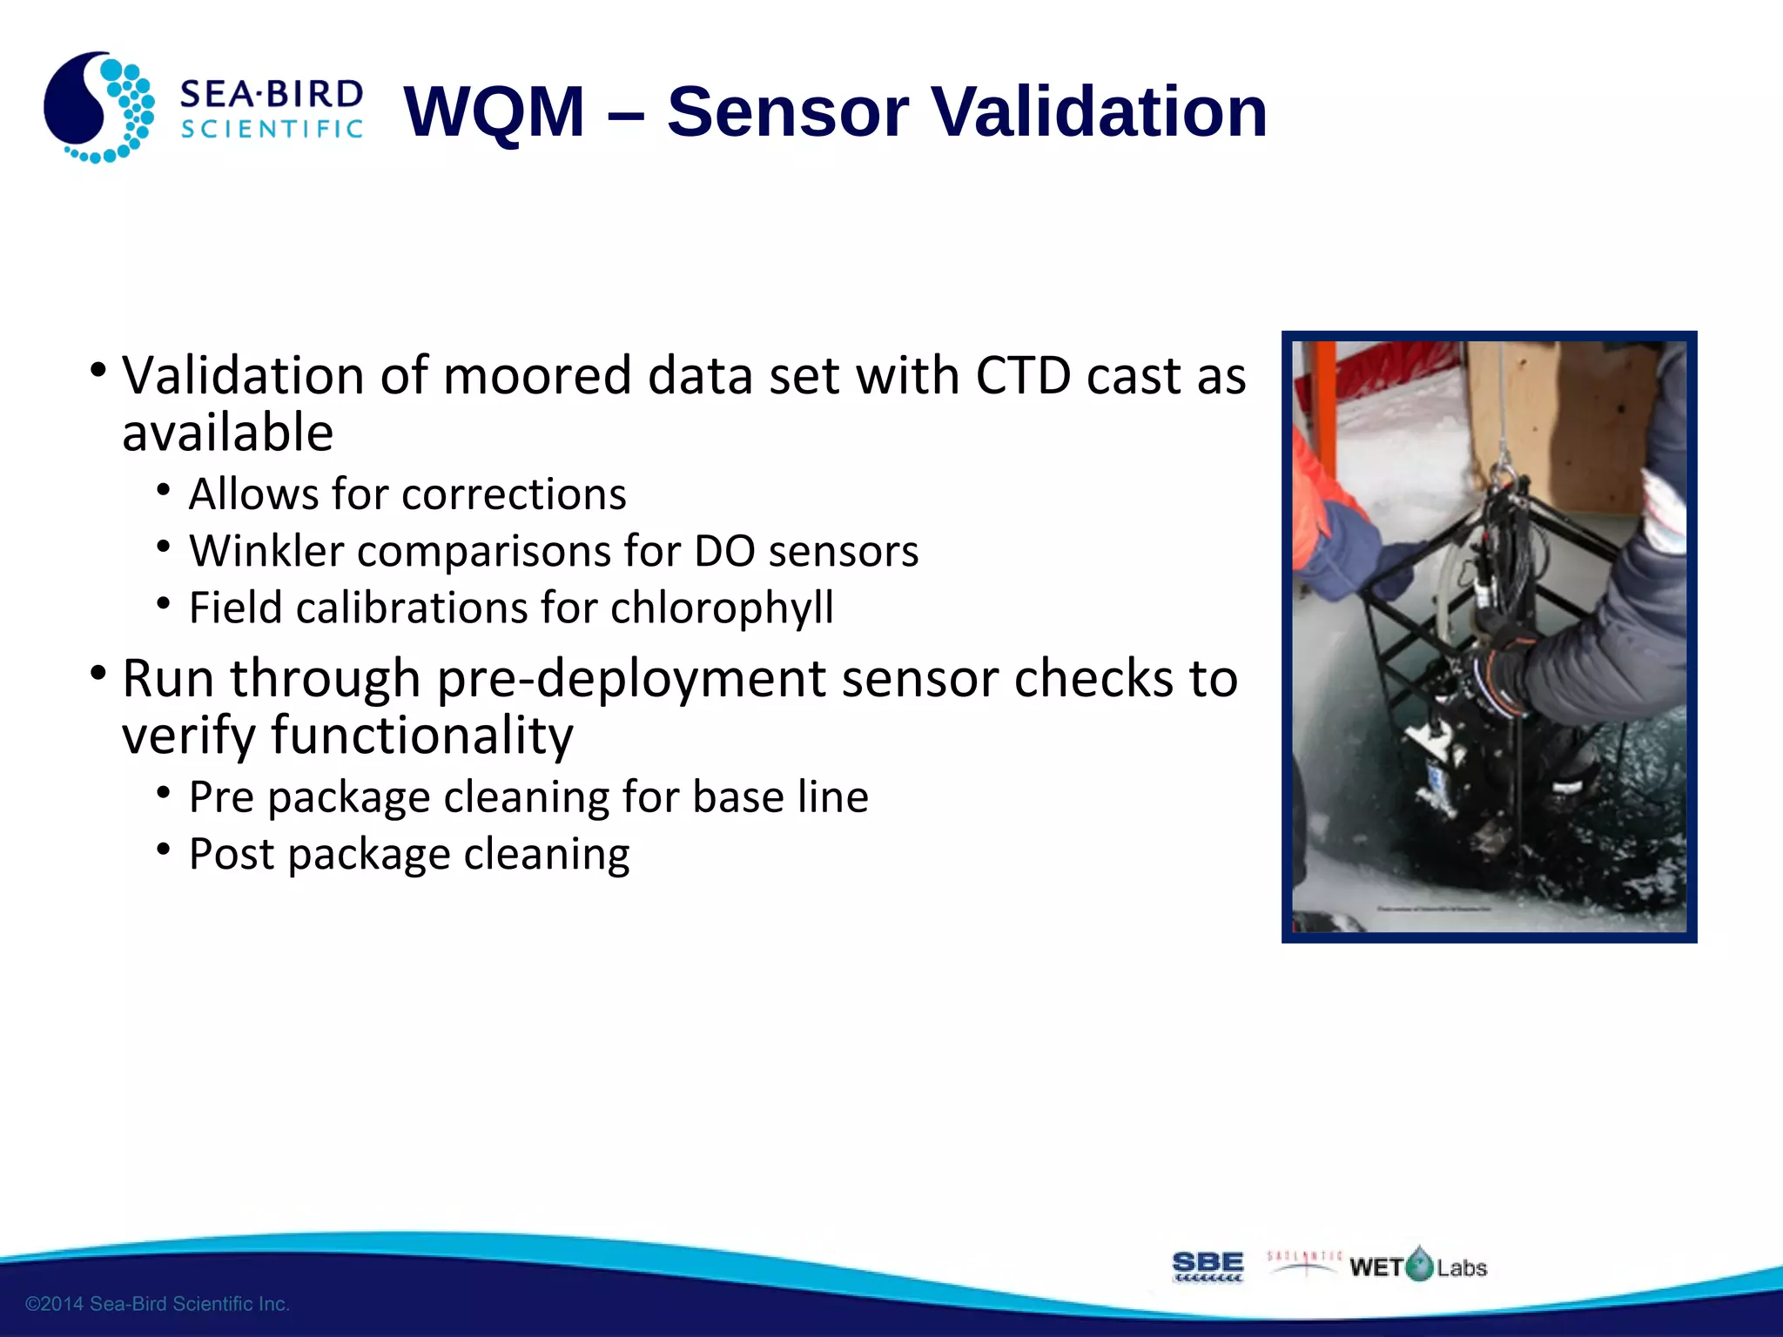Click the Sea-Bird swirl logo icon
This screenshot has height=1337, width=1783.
(98, 108)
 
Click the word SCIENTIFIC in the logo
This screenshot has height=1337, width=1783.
(271, 130)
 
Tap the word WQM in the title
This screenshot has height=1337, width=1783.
(495, 111)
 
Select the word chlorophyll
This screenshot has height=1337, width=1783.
(722, 608)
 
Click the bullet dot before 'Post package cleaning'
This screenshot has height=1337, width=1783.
(164, 848)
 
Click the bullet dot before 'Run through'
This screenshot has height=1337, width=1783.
(98, 673)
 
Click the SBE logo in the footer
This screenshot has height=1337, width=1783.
(1208, 1266)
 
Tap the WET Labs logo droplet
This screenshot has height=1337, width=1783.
(1419, 1265)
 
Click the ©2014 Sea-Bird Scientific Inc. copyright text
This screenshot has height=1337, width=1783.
(158, 1304)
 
